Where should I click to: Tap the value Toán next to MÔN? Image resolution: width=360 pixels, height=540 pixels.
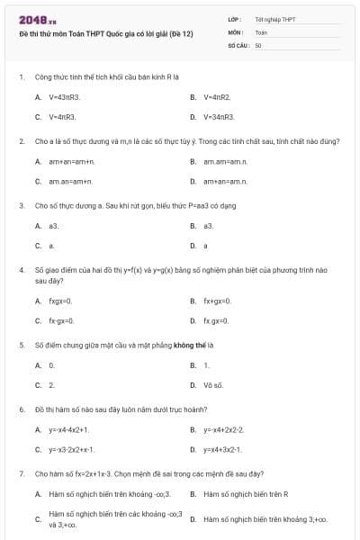[261, 31]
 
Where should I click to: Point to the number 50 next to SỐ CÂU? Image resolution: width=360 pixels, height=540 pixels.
[258, 44]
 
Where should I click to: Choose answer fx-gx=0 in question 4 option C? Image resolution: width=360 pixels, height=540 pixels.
[61, 320]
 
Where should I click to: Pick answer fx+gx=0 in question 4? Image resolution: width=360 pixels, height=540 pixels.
[217, 301]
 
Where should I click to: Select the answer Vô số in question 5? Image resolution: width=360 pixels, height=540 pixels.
[213, 385]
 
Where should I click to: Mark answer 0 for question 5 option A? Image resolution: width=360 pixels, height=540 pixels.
[51, 365]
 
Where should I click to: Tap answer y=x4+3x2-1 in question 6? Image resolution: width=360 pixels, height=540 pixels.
[222, 449]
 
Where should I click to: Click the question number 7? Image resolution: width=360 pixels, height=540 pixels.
[21, 473]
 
